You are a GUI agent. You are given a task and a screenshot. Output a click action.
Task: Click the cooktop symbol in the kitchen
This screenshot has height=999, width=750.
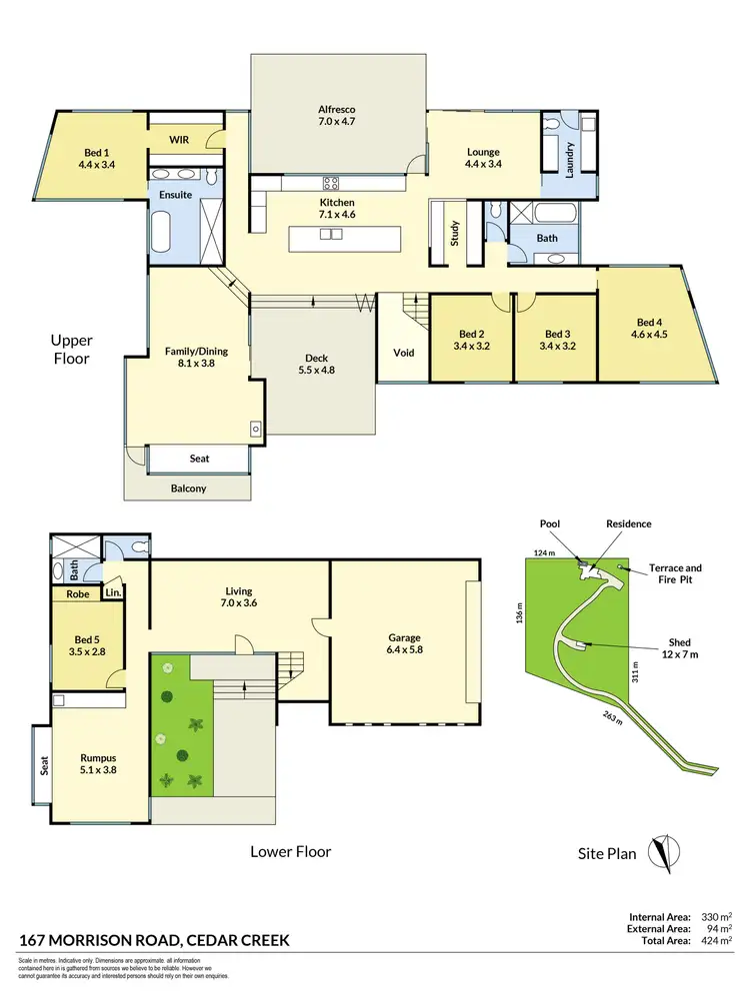331,183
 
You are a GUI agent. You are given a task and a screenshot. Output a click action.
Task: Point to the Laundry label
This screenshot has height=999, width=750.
569,158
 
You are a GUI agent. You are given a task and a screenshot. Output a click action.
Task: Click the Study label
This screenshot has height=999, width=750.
455,233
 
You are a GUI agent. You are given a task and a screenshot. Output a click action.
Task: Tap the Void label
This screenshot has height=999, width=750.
404,353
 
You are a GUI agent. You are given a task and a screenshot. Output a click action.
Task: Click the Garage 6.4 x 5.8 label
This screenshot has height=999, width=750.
404,643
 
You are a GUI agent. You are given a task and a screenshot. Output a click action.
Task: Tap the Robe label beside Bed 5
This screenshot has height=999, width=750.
78,594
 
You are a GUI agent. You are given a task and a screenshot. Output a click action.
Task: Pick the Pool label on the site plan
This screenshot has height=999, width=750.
550,523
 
